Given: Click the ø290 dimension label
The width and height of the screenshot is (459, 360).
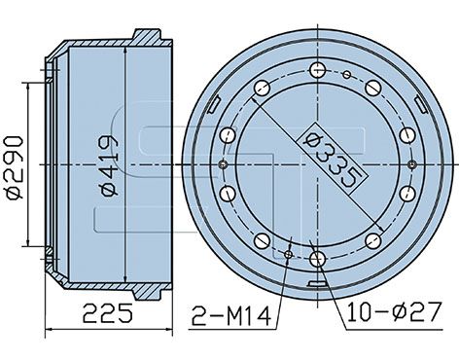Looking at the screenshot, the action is (x=15, y=168).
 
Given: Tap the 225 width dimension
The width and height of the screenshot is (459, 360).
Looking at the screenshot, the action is (x=108, y=313).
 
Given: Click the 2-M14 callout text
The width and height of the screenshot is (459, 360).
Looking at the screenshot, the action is (x=231, y=316).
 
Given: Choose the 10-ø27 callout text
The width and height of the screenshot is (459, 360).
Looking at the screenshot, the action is (x=395, y=312).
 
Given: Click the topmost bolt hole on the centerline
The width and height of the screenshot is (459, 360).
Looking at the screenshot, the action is (x=317, y=69).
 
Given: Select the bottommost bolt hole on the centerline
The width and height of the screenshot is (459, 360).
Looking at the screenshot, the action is (x=317, y=259).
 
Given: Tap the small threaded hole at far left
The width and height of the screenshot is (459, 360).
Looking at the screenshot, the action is (x=224, y=164).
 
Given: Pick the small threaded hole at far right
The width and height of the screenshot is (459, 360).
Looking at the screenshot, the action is (x=412, y=164).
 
